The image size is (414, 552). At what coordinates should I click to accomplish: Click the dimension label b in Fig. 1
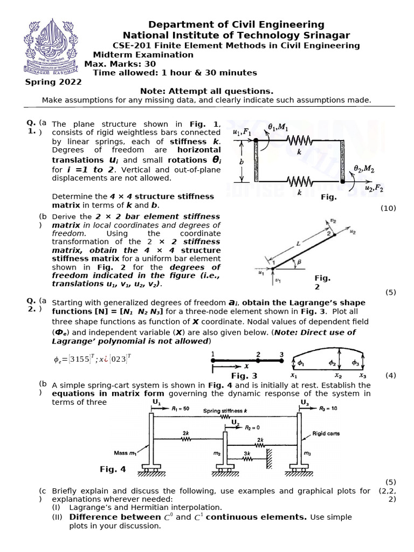(242, 161)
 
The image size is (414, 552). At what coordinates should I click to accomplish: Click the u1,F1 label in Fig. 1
(241, 132)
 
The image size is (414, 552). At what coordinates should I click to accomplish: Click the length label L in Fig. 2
(298, 244)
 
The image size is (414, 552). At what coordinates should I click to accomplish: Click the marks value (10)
(388, 208)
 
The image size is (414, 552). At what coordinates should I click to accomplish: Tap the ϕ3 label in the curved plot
(355, 362)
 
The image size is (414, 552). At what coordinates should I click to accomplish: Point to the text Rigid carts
(327, 433)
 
